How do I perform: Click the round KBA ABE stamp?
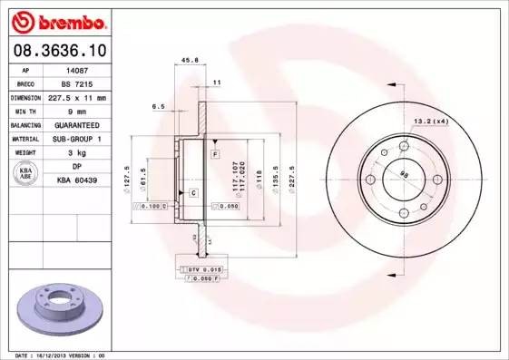coord(27,174)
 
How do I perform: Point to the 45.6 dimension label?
coord(191,61)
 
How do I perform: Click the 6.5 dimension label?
coord(159,106)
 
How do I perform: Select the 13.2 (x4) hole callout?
coord(430,121)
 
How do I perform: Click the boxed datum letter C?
coord(193,192)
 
